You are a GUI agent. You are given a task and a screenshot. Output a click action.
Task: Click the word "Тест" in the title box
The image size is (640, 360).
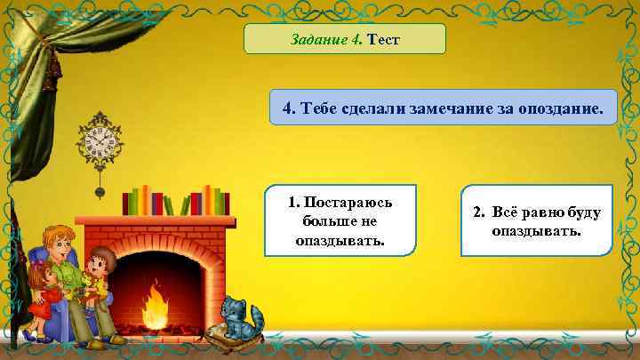[384, 40]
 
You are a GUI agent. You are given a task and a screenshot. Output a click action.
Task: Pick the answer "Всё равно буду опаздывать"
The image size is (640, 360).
[537, 221]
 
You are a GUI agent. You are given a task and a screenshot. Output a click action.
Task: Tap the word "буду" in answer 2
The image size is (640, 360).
[583, 213]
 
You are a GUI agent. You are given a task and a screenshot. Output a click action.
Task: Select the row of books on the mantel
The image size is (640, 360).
[176, 199]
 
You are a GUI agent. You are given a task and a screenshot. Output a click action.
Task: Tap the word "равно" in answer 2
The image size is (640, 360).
[538, 213]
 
